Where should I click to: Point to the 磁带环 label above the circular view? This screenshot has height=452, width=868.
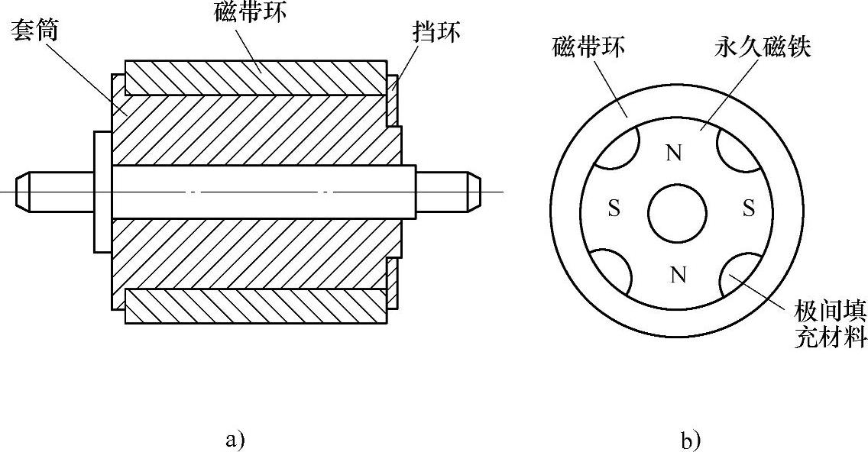click(x=588, y=48)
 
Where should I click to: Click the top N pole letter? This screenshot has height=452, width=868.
click(x=673, y=153)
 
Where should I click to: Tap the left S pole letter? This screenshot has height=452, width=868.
click(x=613, y=208)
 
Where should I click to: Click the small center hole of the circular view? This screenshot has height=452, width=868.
click(x=677, y=212)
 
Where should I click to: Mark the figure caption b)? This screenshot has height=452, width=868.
click(x=690, y=440)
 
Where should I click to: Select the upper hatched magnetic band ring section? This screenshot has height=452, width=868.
click(x=256, y=76)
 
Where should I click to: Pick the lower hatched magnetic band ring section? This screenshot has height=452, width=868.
click(x=256, y=305)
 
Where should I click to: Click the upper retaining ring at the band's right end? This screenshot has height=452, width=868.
click(x=392, y=100)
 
